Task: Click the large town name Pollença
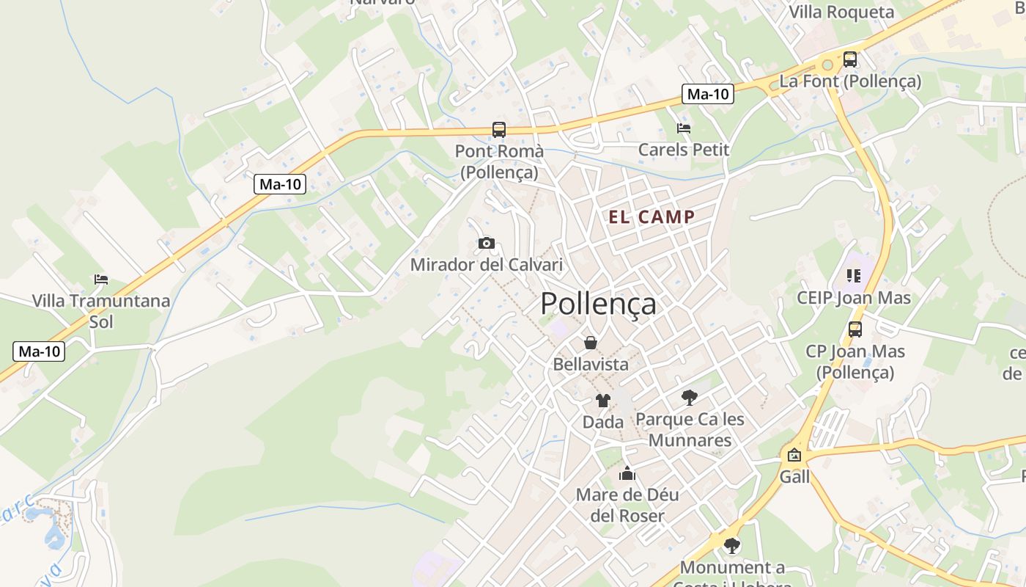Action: tap(598, 304)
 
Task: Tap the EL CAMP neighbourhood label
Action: tap(652, 216)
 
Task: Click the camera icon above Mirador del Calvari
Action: tap(486, 243)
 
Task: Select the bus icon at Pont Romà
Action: tap(499, 130)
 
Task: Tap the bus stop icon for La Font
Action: tap(850, 59)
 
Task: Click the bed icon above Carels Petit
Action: tap(684, 128)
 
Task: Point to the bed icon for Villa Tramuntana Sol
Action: tap(101, 280)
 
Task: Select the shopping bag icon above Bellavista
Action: tap(590, 343)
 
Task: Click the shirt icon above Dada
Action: tap(602, 401)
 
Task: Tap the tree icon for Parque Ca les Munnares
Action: tap(689, 398)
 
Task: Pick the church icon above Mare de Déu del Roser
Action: tap(627, 473)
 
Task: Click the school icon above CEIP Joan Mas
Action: tap(853, 276)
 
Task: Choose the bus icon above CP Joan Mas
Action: tap(855, 329)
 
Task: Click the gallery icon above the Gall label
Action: tap(794, 455)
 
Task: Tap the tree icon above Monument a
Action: tap(731, 546)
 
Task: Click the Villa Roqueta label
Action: tap(841, 12)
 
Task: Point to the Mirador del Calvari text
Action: tap(486, 265)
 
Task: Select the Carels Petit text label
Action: tap(684, 150)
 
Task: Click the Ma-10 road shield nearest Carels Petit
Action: tap(708, 94)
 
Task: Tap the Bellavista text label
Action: tap(591, 364)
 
